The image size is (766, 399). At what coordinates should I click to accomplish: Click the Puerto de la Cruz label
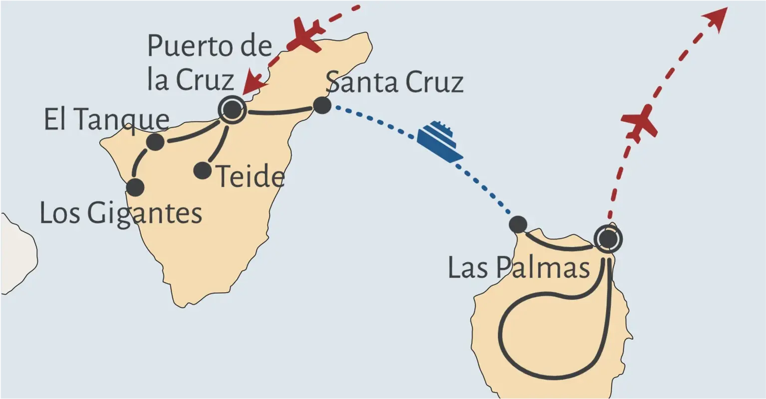[x=210, y=63]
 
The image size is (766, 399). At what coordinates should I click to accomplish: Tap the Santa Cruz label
[x=394, y=82]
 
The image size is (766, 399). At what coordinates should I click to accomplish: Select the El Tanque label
[x=107, y=119]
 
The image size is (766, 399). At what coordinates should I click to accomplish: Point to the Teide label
[x=251, y=177]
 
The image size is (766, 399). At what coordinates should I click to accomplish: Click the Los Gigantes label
[x=121, y=213]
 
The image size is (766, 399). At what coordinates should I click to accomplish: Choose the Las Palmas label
[x=519, y=267]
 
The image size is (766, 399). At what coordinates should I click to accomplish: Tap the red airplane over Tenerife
[x=304, y=34]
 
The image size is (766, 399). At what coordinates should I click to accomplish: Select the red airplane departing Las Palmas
[x=639, y=122]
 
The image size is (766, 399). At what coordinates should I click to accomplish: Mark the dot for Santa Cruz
[x=322, y=105]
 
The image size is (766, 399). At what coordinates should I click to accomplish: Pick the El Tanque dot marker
[x=155, y=142]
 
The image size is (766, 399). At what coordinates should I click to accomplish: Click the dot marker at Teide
[x=202, y=171]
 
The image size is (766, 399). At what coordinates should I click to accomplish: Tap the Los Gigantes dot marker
[x=135, y=188]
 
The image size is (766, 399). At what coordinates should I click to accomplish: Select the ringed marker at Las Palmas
[x=608, y=239]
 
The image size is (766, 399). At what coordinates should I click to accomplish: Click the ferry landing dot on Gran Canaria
[x=518, y=224]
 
